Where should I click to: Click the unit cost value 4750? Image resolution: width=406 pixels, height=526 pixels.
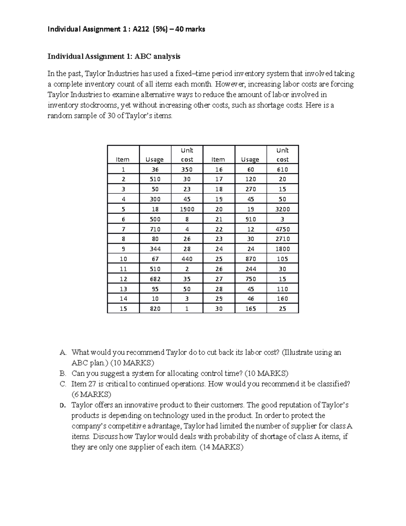tap(282, 229)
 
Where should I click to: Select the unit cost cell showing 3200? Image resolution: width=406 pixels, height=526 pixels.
tap(282, 209)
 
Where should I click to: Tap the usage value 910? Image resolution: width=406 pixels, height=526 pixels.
tap(250, 219)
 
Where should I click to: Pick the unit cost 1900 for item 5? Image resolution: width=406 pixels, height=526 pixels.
tap(187, 209)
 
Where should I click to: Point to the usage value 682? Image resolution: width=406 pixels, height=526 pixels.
tap(155, 279)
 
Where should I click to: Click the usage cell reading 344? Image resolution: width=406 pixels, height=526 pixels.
tap(155, 249)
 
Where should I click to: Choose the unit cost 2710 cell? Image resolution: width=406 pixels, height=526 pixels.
tap(282, 239)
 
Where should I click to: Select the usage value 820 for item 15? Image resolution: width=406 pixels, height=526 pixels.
tap(155, 309)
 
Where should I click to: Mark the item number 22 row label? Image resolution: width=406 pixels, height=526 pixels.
tap(219, 229)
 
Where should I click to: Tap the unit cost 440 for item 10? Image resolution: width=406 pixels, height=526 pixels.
tap(187, 259)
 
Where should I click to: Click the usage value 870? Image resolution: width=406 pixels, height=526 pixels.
tap(250, 259)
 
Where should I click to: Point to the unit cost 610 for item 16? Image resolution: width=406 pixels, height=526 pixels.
tap(282, 170)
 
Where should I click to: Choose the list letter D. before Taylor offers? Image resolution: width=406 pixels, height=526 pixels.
tap(62, 405)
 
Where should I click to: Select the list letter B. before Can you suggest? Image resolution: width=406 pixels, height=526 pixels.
tap(63, 374)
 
